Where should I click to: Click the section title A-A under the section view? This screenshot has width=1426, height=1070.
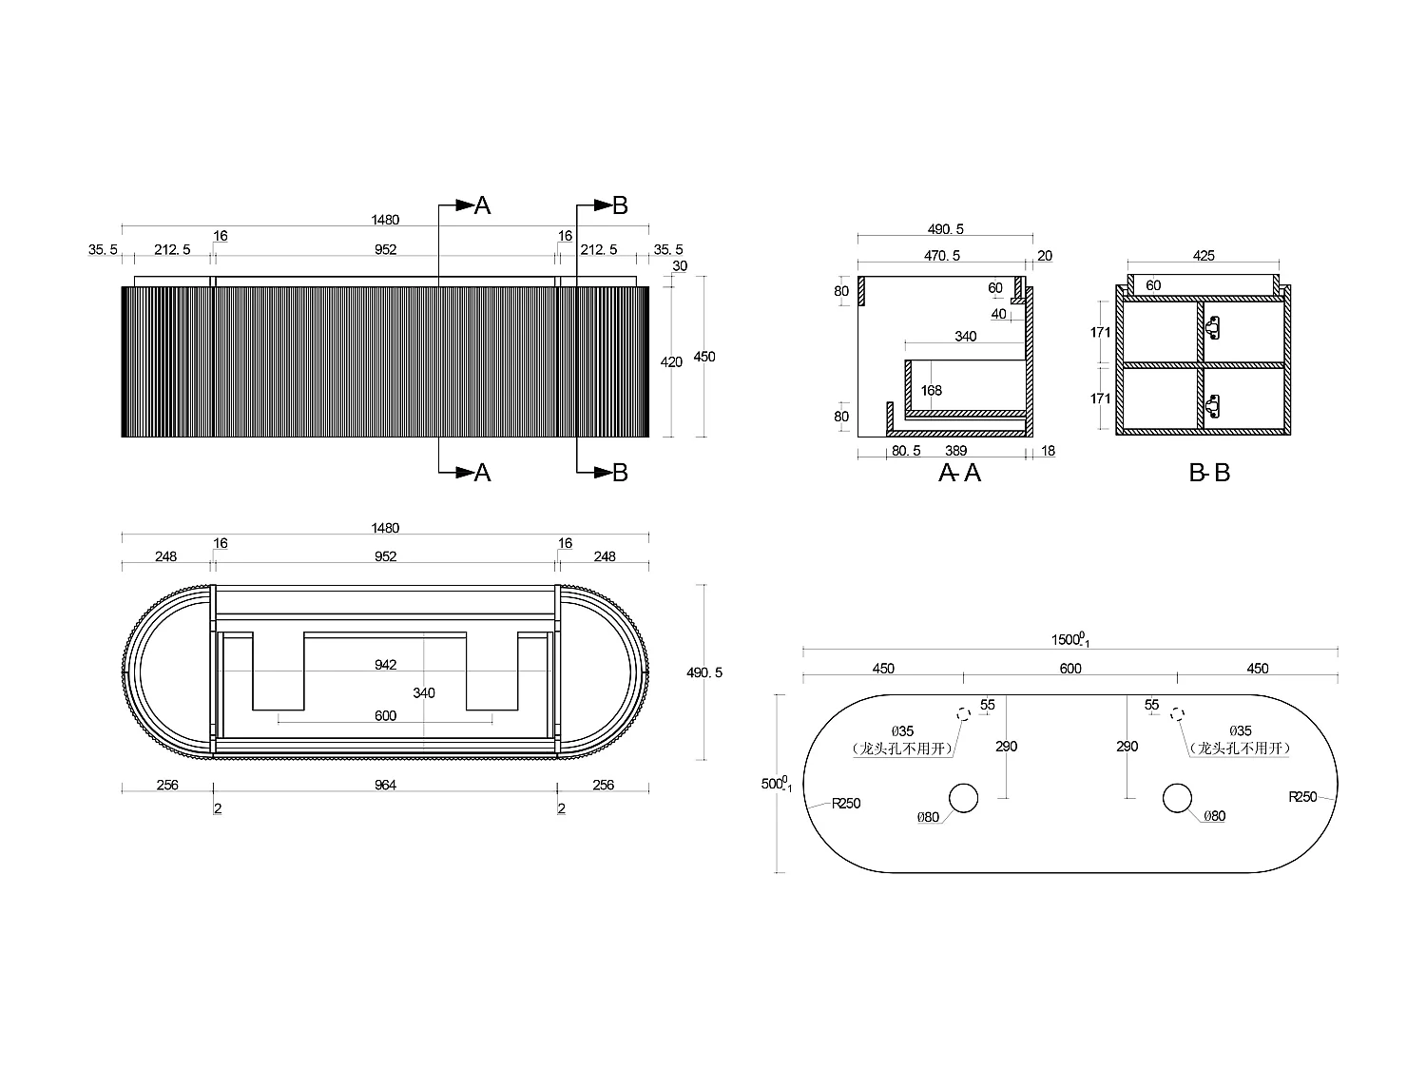pyautogui.click(x=959, y=473)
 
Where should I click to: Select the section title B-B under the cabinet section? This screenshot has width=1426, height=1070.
pyautogui.click(x=1209, y=473)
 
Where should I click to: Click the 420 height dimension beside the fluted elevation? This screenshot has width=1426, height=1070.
pyautogui.click(x=671, y=362)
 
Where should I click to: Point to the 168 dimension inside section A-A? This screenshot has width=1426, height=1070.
pyautogui.click(x=931, y=391)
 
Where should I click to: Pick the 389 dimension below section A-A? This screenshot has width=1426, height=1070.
pyautogui.click(x=956, y=451)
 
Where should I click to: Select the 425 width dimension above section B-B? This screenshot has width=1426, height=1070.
pyautogui.click(x=1204, y=256)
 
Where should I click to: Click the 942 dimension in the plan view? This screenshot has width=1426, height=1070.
pyautogui.click(x=385, y=666)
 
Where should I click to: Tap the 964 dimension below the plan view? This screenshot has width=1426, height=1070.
pyautogui.click(x=385, y=785)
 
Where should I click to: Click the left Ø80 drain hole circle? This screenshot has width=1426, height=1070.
pyautogui.click(x=963, y=798)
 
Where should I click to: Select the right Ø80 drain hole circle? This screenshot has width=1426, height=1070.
pyautogui.click(x=1177, y=798)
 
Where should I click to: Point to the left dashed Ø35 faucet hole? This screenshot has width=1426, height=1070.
pyautogui.click(x=963, y=713)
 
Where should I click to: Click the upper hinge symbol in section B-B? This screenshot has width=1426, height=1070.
pyautogui.click(x=1213, y=328)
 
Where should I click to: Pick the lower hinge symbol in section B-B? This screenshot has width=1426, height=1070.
pyautogui.click(x=1213, y=406)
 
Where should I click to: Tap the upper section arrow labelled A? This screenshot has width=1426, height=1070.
pyautogui.click(x=471, y=205)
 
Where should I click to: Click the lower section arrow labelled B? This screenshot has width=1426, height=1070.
pyautogui.click(x=608, y=473)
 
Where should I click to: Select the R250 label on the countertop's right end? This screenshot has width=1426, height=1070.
pyautogui.click(x=1302, y=797)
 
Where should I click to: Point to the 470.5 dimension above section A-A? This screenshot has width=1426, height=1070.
pyautogui.click(x=942, y=256)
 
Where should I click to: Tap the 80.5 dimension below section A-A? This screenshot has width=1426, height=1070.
pyautogui.click(x=906, y=451)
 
